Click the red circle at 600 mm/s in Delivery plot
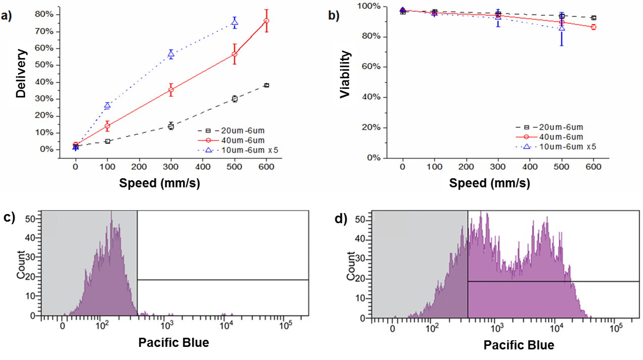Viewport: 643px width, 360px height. coord(266,21)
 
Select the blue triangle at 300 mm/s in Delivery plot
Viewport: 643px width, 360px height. coord(171,54)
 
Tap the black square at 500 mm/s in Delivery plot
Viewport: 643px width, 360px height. coord(234,99)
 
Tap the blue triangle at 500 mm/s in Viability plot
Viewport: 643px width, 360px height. coord(562,29)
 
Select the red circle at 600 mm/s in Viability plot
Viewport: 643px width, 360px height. coord(594,27)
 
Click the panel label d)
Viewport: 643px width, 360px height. coord(342,219)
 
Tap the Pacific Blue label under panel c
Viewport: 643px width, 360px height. coord(173,343)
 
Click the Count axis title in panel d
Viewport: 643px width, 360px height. coord(352,267)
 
